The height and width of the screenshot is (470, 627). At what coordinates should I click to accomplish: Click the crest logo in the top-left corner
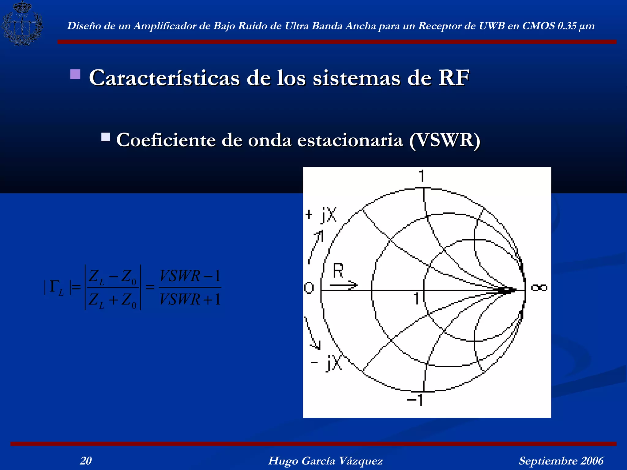pos(22,23)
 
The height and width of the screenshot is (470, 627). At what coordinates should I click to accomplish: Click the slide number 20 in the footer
pos(86,461)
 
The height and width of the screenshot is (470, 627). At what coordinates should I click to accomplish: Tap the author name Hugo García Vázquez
pos(325,461)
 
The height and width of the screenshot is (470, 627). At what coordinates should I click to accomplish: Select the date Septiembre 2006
pos(561,461)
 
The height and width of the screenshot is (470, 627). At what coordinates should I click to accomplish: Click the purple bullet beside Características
pos(75,74)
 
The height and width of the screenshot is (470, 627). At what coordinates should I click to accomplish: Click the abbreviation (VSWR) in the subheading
pos(445,140)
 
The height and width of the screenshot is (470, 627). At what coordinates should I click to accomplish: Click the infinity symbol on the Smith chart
pos(539,288)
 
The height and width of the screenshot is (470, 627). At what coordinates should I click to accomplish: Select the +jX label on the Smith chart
pos(321,214)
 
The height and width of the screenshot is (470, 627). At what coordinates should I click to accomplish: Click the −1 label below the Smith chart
pos(415,399)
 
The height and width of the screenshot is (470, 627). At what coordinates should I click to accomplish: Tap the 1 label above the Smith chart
pos(422,176)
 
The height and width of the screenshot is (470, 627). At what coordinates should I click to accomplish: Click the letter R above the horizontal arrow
pos(338,271)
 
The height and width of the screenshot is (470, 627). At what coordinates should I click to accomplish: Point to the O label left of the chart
pos(309,288)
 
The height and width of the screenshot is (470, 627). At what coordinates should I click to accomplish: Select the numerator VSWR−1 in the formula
pos(190,276)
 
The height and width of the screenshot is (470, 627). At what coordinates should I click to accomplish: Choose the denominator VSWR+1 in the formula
pos(190,299)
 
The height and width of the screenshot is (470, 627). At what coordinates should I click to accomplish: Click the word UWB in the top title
pos(492,26)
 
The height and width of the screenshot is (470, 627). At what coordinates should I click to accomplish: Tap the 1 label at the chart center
pos(416,298)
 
